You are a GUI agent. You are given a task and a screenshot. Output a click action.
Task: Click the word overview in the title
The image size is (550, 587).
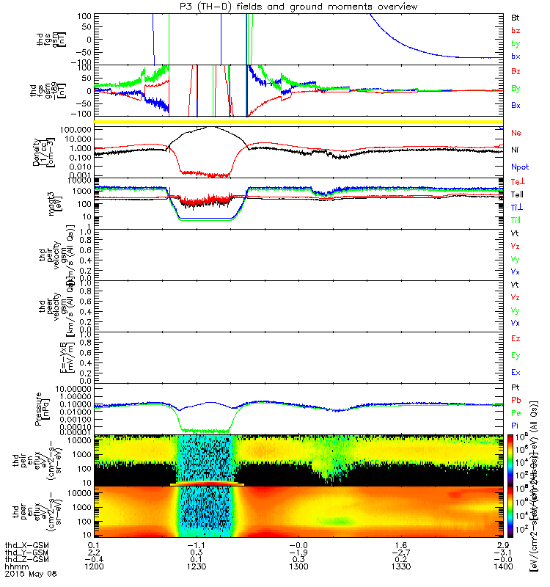point(392,7)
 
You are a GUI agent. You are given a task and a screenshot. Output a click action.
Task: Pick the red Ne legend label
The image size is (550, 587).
point(516,134)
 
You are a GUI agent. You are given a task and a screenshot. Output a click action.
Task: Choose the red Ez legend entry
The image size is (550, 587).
point(516,339)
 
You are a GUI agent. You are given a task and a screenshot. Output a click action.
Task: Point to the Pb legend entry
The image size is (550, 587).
point(516,401)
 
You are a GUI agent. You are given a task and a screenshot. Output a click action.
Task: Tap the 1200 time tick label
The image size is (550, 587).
point(93,567)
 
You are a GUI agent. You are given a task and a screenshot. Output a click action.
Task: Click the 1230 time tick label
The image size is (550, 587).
point(195,567)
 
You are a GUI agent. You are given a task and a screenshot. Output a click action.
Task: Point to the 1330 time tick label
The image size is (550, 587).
point(400,567)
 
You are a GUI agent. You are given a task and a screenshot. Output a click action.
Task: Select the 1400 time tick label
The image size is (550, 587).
point(502,567)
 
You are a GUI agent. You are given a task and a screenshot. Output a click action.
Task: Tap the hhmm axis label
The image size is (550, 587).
point(15,567)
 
